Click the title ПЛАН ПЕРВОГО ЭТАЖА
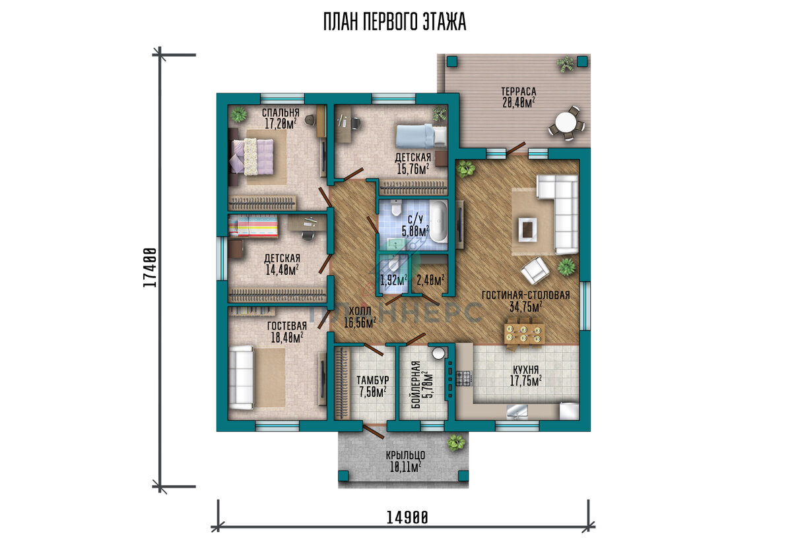[x=395, y=22]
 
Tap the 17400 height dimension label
[x=150, y=268]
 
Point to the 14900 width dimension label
[x=407, y=517]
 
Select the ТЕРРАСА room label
[x=518, y=92]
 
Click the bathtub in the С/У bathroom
[x=439, y=221]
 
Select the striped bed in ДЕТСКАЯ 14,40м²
[x=253, y=226]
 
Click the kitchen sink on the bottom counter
[x=517, y=411]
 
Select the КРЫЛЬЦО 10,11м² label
[x=405, y=461]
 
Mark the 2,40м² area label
[x=430, y=281]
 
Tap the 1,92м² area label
[x=393, y=281]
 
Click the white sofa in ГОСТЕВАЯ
[x=242, y=378]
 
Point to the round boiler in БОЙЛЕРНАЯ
[x=438, y=353]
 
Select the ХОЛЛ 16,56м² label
[x=360, y=317]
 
